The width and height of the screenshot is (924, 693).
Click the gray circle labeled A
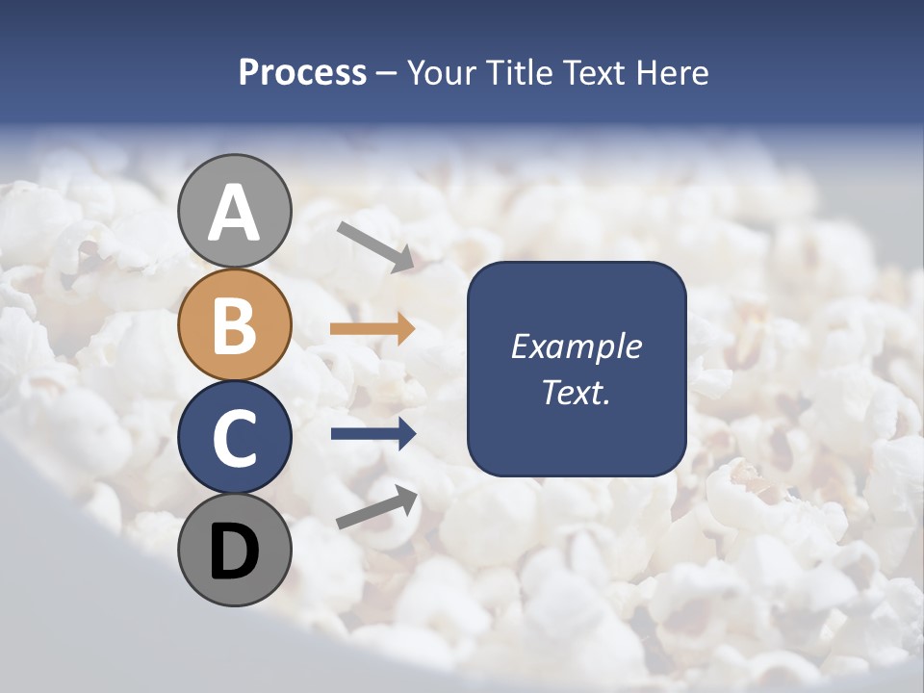point(235,211)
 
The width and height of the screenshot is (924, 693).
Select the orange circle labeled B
point(235,324)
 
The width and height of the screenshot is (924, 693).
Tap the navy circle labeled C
point(235,437)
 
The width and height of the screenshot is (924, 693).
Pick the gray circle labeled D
point(235,551)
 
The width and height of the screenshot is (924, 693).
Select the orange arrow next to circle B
point(372,329)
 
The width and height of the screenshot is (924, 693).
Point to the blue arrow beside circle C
point(373,434)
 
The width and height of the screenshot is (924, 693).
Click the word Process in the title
point(302,72)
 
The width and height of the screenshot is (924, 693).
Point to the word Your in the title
point(442,72)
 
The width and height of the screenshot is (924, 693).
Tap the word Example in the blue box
point(577,346)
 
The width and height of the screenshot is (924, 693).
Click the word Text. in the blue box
point(577,392)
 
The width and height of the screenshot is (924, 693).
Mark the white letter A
point(235,214)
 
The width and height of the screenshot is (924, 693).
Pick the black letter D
point(235,552)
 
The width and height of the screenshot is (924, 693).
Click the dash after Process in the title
point(387,73)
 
